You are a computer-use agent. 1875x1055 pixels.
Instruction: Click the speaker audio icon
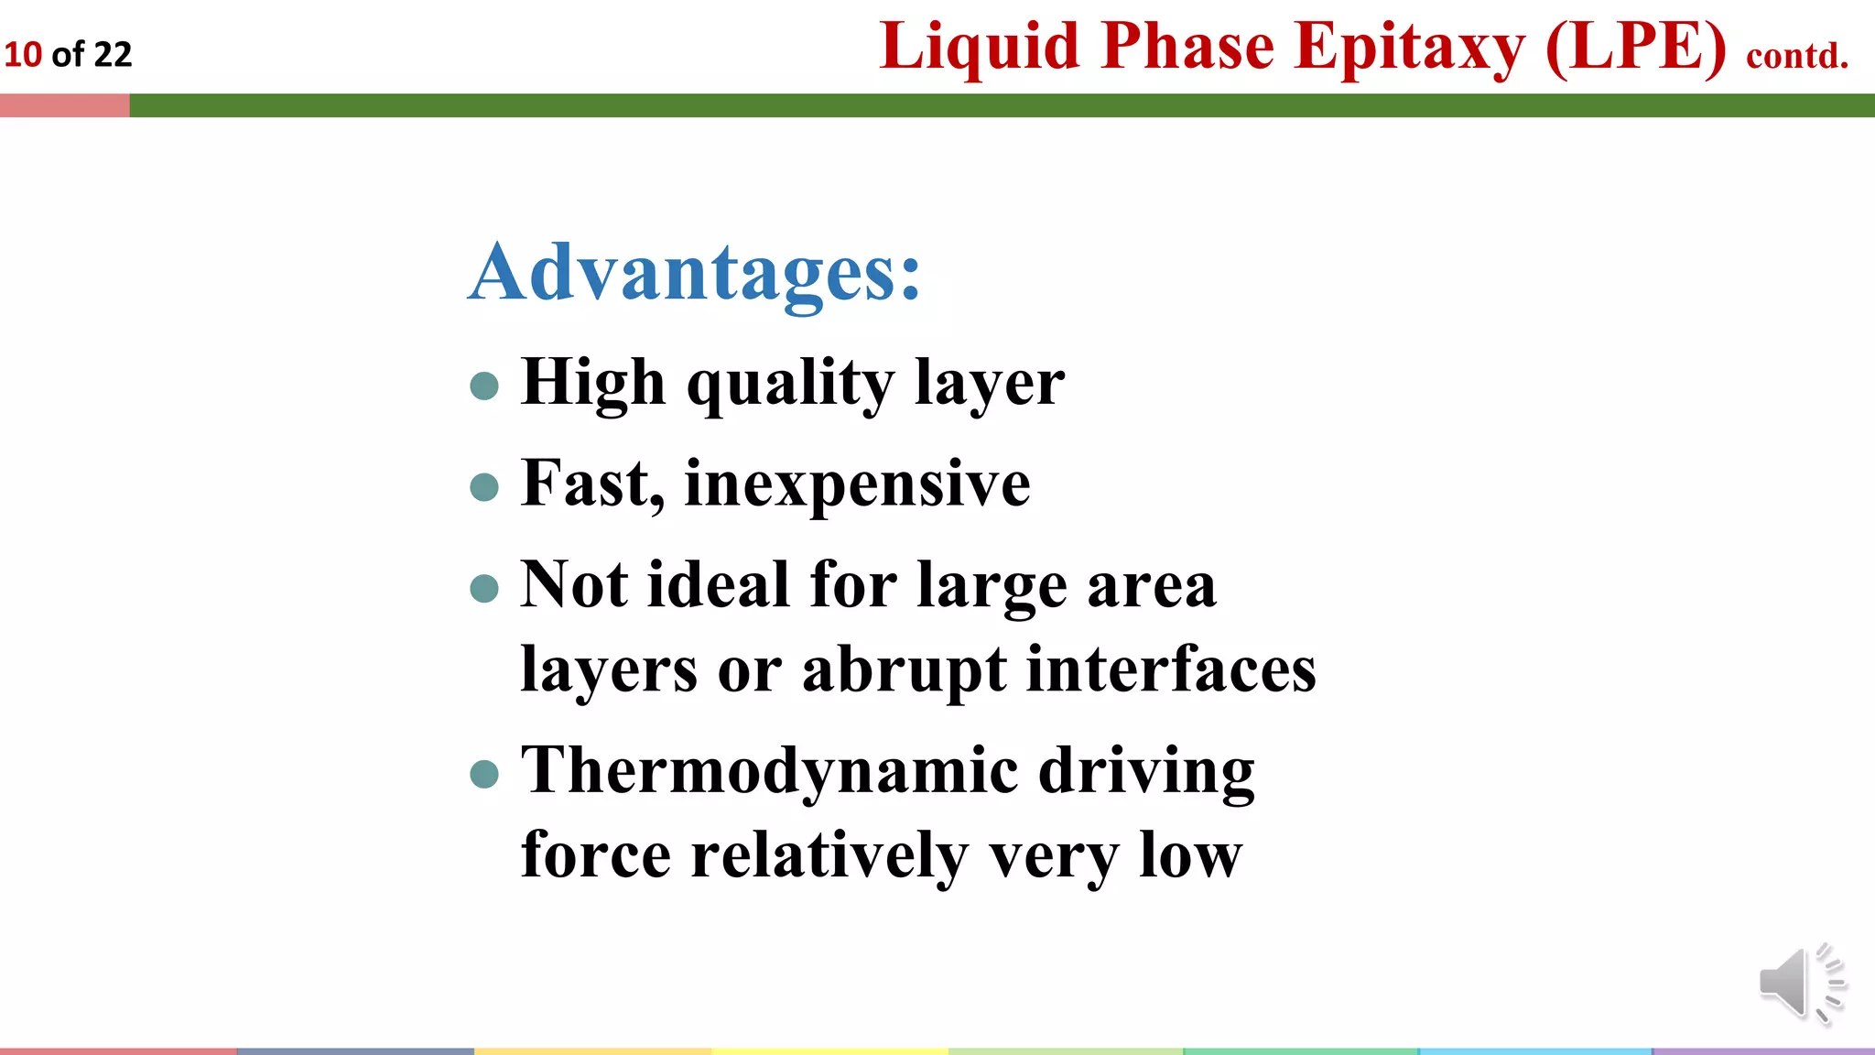click(1799, 983)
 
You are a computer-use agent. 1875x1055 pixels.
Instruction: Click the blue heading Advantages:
click(694, 272)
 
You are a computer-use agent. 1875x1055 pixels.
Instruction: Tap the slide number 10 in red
click(23, 55)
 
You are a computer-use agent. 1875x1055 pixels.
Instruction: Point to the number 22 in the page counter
click(113, 55)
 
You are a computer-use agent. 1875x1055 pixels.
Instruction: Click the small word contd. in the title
click(1797, 56)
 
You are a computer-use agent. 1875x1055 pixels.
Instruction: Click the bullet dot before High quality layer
click(483, 386)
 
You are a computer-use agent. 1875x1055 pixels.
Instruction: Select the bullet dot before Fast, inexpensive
click(483, 486)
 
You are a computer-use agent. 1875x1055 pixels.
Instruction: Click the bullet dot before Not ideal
click(483, 588)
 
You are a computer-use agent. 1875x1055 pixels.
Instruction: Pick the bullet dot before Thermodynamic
click(483, 774)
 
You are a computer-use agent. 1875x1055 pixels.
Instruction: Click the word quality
click(790, 383)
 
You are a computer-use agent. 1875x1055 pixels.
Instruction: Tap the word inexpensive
click(857, 484)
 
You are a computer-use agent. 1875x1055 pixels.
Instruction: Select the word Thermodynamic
click(769, 770)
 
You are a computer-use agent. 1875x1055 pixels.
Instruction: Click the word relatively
click(829, 855)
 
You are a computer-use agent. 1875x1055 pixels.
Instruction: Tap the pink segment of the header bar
click(64, 105)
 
